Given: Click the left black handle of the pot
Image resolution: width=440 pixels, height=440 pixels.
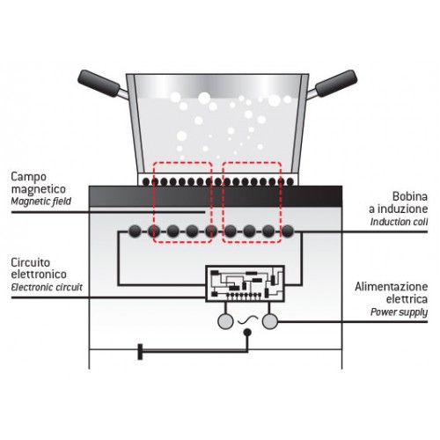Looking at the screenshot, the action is [x=99, y=84].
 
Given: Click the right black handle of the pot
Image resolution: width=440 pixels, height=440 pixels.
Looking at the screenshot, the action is [x=336, y=84].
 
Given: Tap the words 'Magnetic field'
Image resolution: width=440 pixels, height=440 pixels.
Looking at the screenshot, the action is [x=41, y=202].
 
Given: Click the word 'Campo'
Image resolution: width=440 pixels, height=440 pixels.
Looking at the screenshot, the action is [x=29, y=177].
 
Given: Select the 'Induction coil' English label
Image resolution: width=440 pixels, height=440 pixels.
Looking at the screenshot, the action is [x=399, y=222].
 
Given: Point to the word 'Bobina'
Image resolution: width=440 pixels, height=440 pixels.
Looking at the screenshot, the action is [x=410, y=196].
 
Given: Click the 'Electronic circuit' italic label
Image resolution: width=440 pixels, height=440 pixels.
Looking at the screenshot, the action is [x=47, y=287].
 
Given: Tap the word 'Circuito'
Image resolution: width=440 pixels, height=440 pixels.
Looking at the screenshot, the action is [x=31, y=262].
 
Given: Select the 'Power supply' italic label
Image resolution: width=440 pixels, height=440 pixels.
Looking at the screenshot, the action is [x=399, y=312].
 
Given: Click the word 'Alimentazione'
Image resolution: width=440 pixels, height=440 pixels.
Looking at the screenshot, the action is [x=392, y=287].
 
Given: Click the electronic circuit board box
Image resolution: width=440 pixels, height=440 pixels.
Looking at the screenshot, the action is [x=245, y=283].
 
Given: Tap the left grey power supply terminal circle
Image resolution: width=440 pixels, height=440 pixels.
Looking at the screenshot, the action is [x=225, y=321].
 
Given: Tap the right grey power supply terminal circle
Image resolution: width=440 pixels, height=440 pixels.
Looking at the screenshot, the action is [x=270, y=321].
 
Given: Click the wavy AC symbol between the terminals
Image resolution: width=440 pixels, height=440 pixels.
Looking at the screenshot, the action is [x=248, y=320].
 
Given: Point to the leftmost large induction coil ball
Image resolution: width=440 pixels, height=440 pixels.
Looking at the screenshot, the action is [x=135, y=231].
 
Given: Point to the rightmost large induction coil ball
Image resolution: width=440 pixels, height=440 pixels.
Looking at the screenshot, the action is [x=288, y=231].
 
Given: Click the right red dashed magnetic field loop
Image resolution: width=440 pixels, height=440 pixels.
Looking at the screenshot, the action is [x=223, y=202].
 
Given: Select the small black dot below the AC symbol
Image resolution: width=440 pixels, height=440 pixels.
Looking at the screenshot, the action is [x=247, y=333].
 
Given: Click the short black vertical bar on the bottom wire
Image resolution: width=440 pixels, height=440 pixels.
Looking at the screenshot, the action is [x=140, y=351].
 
